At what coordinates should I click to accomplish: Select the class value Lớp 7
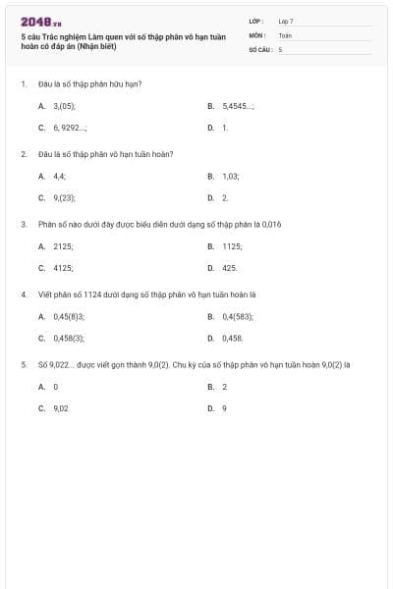286,21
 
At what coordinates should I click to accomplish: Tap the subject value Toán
285,34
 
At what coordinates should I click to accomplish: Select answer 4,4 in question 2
60,175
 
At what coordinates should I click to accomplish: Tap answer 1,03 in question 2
231,175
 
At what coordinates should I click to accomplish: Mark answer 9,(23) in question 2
64,197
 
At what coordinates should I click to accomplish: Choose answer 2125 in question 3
63,245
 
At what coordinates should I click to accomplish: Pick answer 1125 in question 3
233,245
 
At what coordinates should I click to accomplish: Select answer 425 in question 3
230,267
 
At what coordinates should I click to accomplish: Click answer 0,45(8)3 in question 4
69,316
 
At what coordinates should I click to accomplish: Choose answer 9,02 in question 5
60,407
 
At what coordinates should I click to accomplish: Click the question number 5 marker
23,364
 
